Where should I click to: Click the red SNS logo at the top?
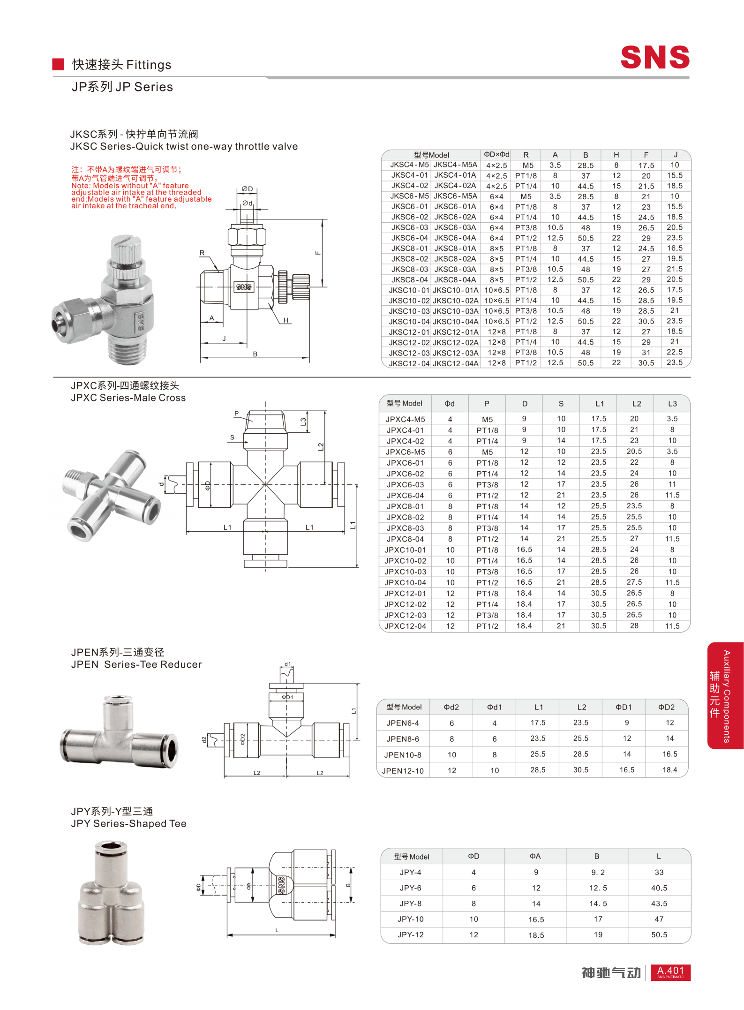(654, 57)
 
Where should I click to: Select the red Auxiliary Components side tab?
(725, 695)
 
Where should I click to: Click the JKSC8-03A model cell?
(455, 269)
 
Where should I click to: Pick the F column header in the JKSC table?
(646, 155)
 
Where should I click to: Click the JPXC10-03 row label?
(405, 572)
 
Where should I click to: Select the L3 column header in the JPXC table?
(672, 403)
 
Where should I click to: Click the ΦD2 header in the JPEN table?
(666, 707)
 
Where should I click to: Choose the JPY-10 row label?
(410, 919)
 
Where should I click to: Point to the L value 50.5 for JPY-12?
(659, 935)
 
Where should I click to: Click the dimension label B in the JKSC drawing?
(255, 354)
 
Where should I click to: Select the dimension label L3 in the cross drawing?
(303, 421)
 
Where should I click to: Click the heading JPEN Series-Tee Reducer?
(136, 664)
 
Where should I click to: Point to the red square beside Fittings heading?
(58, 64)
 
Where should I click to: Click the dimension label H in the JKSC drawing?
(286, 320)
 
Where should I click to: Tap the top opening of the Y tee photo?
(111, 847)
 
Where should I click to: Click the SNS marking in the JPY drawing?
(281, 885)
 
